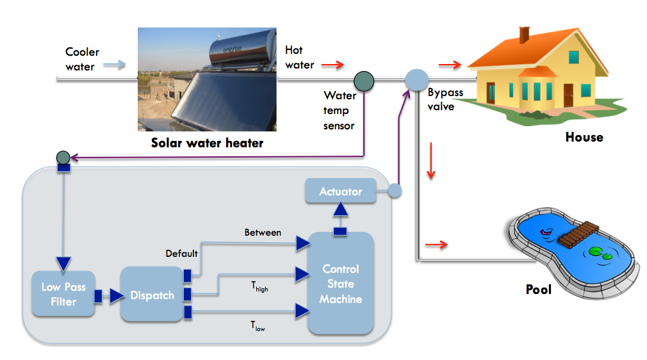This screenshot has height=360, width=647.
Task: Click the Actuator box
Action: pos(340,192)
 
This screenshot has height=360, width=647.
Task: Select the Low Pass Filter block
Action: pos(63,294)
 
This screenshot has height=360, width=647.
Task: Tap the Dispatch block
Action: pos(152,295)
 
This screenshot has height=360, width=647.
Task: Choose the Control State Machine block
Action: pos(341,284)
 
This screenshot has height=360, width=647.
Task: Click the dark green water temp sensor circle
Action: pos(364,80)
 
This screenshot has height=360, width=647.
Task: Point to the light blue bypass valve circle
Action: pos(416,80)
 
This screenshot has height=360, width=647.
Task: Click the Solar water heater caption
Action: pos(207,142)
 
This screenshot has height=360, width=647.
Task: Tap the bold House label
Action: pos(584,137)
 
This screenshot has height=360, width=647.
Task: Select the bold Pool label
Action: pos(538,290)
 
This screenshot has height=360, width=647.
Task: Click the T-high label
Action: pos(259,286)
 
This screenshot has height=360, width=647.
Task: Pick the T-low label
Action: pos(258,326)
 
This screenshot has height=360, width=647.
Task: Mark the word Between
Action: pos(263,233)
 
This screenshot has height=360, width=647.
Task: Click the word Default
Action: pos(181,253)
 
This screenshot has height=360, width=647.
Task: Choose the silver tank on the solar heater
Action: pos(240,51)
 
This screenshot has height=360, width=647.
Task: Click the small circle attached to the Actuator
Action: pos(395,190)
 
